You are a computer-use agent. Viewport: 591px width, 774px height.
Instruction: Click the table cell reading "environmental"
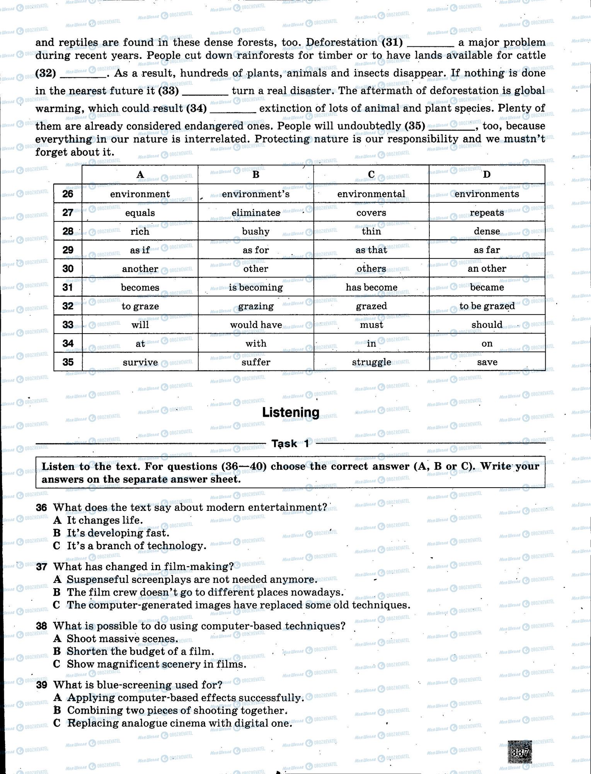coord(371,193)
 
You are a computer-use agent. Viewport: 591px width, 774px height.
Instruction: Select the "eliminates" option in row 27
coord(255,212)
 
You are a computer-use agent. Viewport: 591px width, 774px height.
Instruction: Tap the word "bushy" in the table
coord(255,231)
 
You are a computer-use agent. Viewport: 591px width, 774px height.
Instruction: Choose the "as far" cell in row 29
coord(487,250)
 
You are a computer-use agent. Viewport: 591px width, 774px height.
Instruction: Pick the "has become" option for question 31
coord(371,287)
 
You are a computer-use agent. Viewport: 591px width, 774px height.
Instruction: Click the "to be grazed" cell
coord(487,306)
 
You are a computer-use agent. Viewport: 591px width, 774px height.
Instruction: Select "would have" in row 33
coord(255,325)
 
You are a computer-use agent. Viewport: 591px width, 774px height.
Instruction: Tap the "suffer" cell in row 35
coord(255,362)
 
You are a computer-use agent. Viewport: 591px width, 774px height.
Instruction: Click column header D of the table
coord(487,175)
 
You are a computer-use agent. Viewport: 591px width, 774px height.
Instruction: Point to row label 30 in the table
coord(68,269)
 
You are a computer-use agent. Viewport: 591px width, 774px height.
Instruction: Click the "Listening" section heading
coord(291,413)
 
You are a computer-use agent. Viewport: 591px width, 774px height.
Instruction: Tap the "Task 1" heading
coord(290,444)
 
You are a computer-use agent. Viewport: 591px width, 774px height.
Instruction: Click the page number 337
coord(519,753)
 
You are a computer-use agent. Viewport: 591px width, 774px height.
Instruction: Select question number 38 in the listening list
coord(41,626)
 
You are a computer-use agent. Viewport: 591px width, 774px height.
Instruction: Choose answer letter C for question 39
coord(57,723)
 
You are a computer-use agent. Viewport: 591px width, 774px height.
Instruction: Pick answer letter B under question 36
coord(57,533)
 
